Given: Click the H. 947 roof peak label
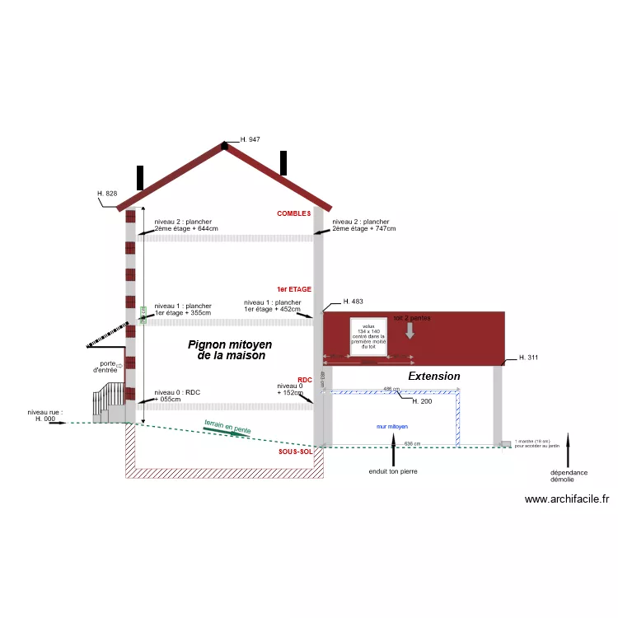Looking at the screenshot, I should [x=250, y=140].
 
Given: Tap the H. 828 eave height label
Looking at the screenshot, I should [x=107, y=194].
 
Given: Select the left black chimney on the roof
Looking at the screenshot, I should [x=140, y=178].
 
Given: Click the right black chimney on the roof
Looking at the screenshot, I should [x=283, y=162].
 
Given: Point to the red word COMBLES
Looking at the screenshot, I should [x=294, y=213].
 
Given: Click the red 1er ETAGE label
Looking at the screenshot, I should [x=294, y=289].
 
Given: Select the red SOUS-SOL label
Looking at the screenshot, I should [x=295, y=452].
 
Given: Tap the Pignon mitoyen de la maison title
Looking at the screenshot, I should [x=230, y=350].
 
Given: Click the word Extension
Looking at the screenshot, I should [x=434, y=376].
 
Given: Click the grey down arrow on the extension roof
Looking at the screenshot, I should [x=410, y=330].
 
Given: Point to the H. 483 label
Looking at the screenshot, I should [x=353, y=302].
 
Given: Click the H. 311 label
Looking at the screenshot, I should [x=529, y=358].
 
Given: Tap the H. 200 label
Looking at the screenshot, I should [x=422, y=400].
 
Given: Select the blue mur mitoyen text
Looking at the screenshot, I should [x=391, y=427].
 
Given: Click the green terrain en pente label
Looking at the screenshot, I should [x=227, y=428].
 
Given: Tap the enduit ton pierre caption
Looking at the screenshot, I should [x=393, y=472].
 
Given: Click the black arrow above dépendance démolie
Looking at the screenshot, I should [x=569, y=449].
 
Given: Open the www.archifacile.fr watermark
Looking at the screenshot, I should [x=566, y=499].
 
